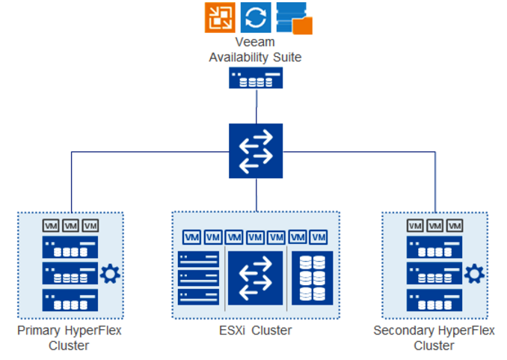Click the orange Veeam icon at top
tap(220, 17)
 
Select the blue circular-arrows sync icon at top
tap(256, 17)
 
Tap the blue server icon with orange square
tap(294, 18)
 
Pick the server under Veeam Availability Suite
tap(256, 78)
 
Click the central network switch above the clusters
tap(256, 150)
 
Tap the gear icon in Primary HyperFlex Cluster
tap(110, 274)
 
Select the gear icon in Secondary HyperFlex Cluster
tap(474, 274)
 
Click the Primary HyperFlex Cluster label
tap(69, 338)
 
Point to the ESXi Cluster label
tap(256, 330)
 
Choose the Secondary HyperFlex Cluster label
tap(434, 338)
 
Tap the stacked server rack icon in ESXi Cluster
tap(198, 278)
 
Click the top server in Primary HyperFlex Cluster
tap(70, 248)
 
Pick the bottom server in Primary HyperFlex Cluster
tap(70, 300)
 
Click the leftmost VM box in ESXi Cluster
tap(191, 237)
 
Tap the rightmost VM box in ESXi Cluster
tap(319, 237)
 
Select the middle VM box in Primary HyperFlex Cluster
tap(70, 225)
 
